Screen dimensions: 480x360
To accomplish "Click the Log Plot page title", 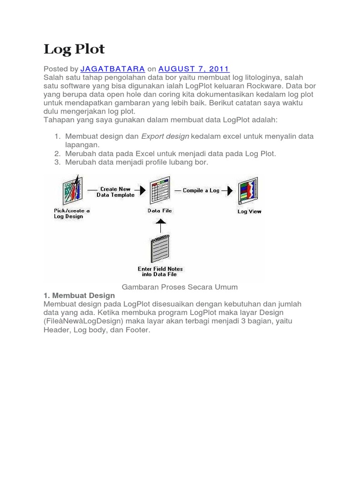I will point(74,49).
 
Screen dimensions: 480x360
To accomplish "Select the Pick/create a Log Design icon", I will point(73,190).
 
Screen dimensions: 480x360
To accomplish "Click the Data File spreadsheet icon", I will point(159,190).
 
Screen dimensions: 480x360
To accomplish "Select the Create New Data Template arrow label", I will point(115,192).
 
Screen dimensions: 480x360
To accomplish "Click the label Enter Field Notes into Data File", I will point(160,272).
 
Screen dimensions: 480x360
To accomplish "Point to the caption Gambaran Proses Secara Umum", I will point(180,286).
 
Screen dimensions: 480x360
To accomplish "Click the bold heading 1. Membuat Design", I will point(79,295).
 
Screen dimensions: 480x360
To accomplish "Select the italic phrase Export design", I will point(165,136).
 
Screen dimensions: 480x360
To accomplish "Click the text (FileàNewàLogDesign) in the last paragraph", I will point(86,322).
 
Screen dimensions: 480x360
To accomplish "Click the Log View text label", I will point(249,211).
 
